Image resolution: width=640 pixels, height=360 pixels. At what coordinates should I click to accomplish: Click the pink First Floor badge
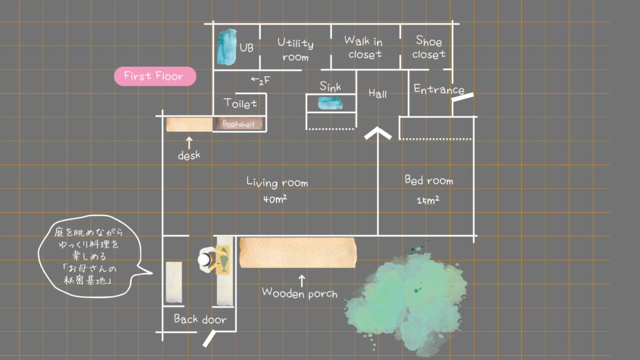coord(154,76)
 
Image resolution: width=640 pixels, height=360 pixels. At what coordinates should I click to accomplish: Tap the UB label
coord(246,47)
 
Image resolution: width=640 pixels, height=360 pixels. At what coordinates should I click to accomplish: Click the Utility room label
coord(296,50)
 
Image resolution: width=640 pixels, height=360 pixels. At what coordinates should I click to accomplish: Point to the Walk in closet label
coord(364,47)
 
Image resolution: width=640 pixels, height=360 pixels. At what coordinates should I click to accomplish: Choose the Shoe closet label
coord(429,47)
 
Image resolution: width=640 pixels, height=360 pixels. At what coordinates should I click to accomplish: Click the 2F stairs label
coord(261,80)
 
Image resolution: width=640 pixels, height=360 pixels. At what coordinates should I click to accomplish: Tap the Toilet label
coord(241,104)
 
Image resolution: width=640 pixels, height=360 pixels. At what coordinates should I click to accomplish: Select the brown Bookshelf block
coord(239,124)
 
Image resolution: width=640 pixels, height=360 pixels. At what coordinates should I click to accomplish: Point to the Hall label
coord(377,94)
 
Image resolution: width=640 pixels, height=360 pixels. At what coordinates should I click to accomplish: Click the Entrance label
coord(439,90)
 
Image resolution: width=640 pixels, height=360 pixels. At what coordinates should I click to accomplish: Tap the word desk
coord(188,155)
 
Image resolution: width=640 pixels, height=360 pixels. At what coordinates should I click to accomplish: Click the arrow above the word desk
coord(189,142)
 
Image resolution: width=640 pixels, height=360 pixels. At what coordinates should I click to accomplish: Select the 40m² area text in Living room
coord(275,200)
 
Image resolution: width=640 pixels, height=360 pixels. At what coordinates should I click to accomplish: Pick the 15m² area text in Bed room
coord(427,201)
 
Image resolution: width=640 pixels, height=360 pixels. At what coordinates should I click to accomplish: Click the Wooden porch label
coord(300,292)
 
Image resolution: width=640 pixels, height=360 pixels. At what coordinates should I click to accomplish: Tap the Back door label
coord(200,319)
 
